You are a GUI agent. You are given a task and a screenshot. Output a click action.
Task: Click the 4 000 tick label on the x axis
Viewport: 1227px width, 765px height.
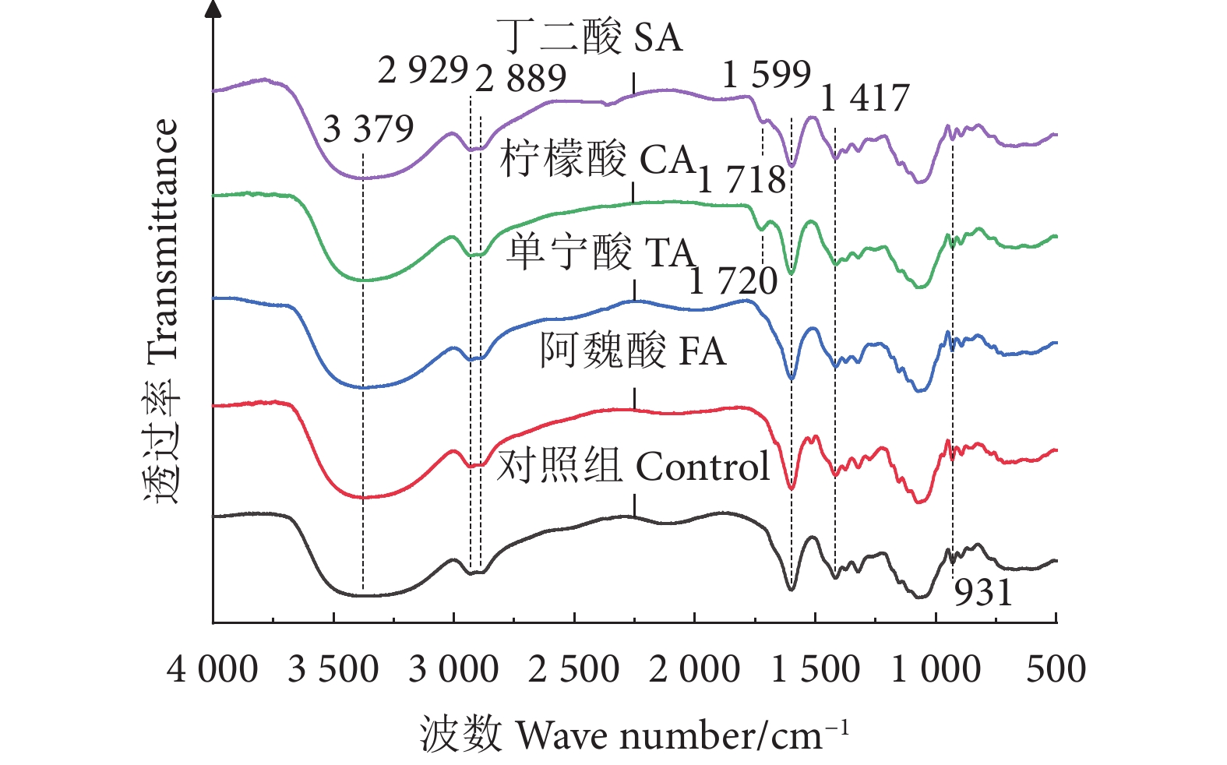click(x=212, y=669)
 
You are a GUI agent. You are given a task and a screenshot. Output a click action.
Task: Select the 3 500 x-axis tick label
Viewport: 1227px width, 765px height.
click(x=333, y=669)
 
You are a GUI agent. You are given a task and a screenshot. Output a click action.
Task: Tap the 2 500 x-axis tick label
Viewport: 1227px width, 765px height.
click(x=573, y=669)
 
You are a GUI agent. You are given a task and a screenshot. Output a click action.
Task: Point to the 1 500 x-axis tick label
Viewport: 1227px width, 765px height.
click(x=815, y=669)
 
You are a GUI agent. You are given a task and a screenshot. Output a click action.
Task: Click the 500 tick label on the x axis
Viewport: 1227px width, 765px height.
click(x=1056, y=669)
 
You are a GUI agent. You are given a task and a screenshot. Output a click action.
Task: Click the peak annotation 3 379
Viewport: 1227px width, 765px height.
click(x=368, y=129)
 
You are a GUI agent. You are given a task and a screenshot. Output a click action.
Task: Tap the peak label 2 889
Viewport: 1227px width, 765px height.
click(x=520, y=78)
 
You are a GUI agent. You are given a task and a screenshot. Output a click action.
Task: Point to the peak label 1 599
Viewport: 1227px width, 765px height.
click(x=767, y=75)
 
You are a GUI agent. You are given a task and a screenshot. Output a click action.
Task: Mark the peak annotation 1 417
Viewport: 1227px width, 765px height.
click(x=865, y=98)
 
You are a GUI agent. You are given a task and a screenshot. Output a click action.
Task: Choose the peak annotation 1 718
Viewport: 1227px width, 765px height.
click(x=742, y=180)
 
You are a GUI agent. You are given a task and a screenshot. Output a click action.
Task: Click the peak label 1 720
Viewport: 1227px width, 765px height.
click(x=733, y=281)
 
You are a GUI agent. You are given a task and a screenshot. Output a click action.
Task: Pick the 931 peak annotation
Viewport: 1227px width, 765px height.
click(x=983, y=593)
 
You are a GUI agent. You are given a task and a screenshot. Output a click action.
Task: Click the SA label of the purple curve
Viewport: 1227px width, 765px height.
click(x=658, y=37)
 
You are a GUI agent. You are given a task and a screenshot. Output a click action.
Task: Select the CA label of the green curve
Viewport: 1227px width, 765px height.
click(x=667, y=160)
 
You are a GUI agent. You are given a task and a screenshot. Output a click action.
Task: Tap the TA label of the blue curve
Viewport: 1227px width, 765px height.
click(x=669, y=252)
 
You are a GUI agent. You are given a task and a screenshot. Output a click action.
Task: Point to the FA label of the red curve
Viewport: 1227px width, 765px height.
click(x=703, y=351)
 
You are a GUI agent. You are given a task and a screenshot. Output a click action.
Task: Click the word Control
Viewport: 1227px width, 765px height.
click(x=703, y=466)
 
